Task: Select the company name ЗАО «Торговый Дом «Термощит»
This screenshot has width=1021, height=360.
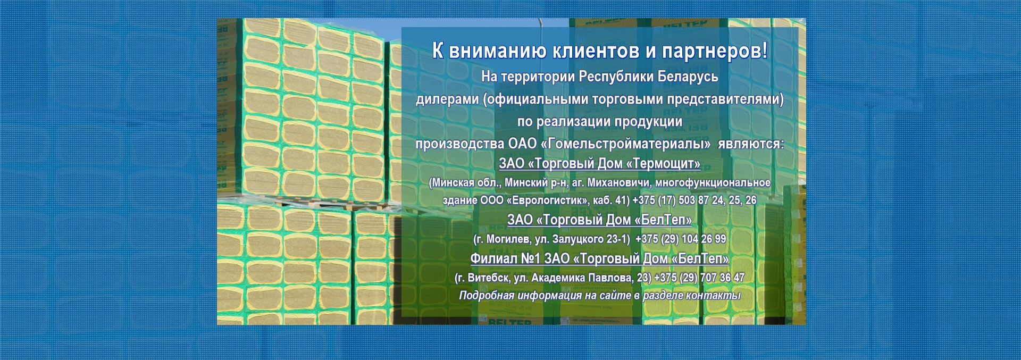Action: pyautogui.click(x=599, y=163)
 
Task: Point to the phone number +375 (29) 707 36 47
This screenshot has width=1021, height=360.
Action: pyautogui.click(x=699, y=278)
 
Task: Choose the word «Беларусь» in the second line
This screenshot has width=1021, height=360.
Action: pyautogui.click(x=688, y=77)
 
